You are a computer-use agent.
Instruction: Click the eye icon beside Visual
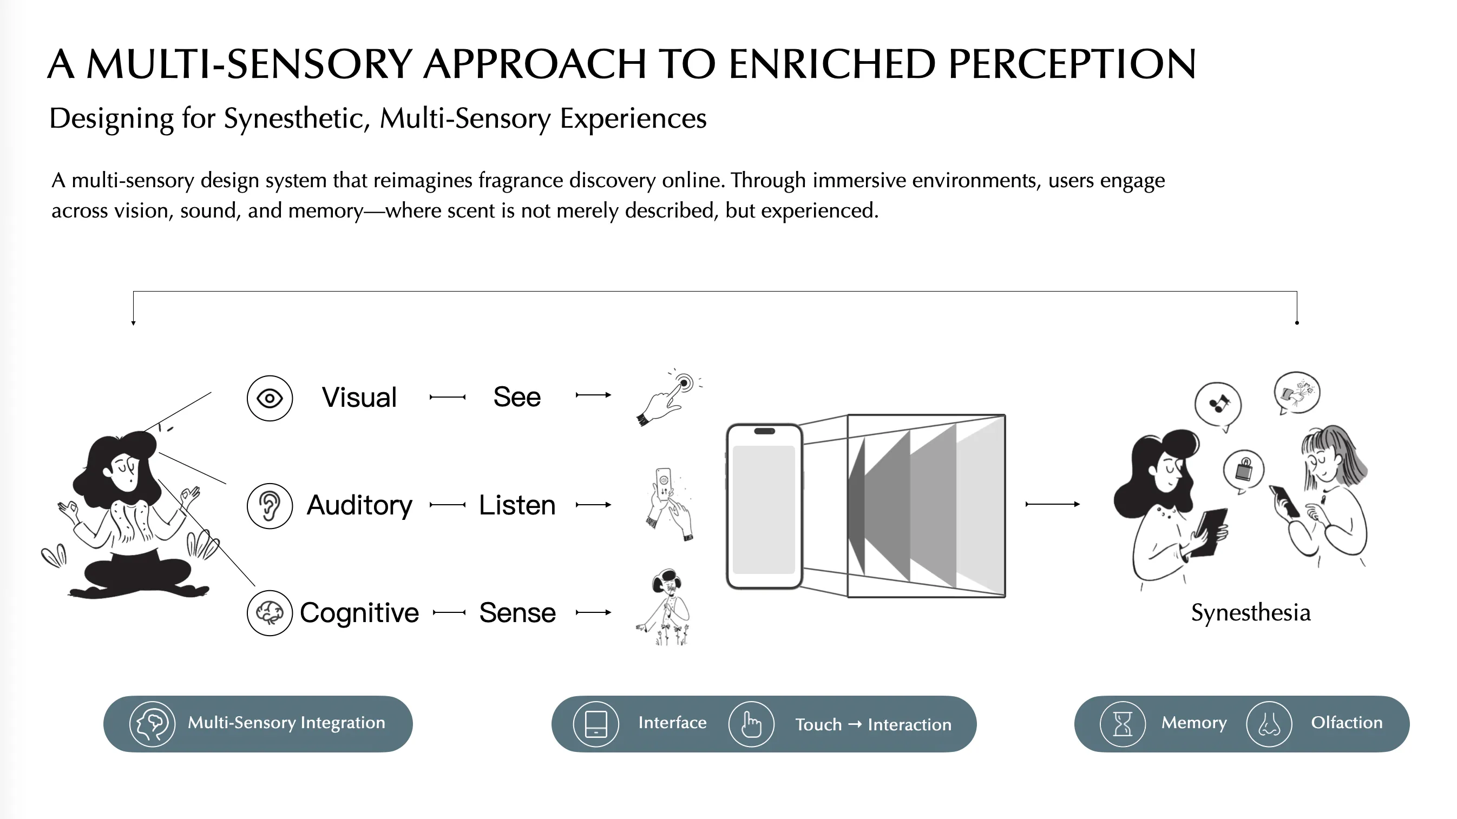pyautogui.click(x=270, y=399)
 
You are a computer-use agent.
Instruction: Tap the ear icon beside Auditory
pyautogui.click(x=270, y=506)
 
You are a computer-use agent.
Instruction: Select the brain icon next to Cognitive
pyautogui.click(x=270, y=613)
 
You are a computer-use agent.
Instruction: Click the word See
pyautogui.click(x=517, y=397)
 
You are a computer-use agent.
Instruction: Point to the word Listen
pyautogui.click(x=517, y=505)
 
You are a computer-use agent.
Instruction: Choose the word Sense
pyautogui.click(x=517, y=613)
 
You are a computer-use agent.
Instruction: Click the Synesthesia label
pyautogui.click(x=1251, y=613)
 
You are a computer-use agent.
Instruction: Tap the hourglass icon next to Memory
pyautogui.click(x=1123, y=724)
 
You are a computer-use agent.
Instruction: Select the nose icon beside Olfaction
pyautogui.click(x=1269, y=724)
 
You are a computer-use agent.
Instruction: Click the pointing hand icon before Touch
pyautogui.click(x=751, y=724)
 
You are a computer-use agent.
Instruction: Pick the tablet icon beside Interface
pyautogui.click(x=596, y=724)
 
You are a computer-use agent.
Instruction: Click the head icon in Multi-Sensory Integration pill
pyautogui.click(x=152, y=724)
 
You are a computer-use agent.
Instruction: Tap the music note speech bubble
pyautogui.click(x=1218, y=405)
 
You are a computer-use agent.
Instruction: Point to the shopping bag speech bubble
pyautogui.click(x=1244, y=471)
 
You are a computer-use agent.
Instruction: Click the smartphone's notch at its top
pyautogui.click(x=765, y=431)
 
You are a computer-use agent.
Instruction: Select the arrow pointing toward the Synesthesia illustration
pyautogui.click(x=1053, y=504)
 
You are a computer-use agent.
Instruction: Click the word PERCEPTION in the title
pyautogui.click(x=1072, y=64)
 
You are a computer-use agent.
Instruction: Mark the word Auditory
pyautogui.click(x=359, y=505)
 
